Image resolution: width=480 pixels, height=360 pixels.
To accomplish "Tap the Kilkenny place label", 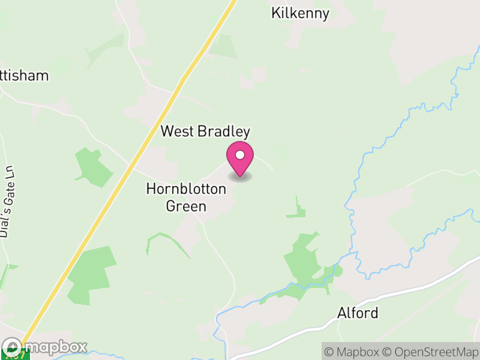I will [x=300, y=13].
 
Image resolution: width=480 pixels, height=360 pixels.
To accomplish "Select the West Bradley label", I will [x=205, y=131].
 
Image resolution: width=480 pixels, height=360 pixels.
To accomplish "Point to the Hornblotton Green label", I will [x=186, y=197].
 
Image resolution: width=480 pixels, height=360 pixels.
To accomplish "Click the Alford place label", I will [x=358, y=313].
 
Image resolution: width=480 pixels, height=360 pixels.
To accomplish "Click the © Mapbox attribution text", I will [x=353, y=352].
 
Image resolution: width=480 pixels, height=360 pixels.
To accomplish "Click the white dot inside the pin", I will [x=240, y=155].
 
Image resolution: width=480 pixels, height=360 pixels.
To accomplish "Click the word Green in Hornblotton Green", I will [x=186, y=206].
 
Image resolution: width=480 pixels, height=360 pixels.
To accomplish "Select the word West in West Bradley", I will [x=176, y=131].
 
